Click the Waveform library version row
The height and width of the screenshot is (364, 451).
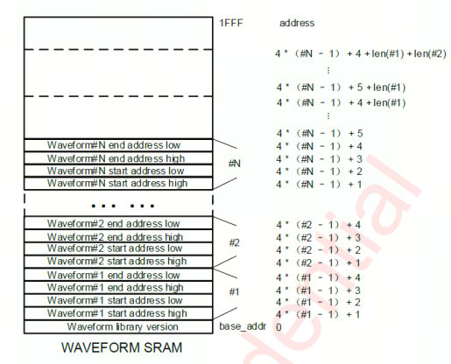click(x=118, y=326)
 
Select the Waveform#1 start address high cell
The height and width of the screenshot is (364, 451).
click(x=118, y=313)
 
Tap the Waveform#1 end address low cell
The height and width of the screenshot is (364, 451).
click(x=118, y=275)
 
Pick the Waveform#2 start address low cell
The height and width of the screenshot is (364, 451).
click(x=118, y=248)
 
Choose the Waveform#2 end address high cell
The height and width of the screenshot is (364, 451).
click(x=118, y=236)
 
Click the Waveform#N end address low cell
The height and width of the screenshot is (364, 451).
click(x=118, y=145)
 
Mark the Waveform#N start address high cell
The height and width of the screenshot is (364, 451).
click(x=118, y=184)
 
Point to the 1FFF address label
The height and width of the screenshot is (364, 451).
click(x=231, y=23)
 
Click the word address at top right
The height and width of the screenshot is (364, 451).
click(x=297, y=23)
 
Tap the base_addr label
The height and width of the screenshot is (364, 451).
click(x=243, y=326)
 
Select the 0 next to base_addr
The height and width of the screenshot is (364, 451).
click(x=278, y=327)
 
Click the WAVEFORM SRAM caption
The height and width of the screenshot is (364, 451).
click(x=122, y=347)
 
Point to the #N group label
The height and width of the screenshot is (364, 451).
click(x=235, y=164)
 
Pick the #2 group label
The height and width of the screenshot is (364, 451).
click(x=235, y=242)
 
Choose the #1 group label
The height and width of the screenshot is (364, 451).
click(x=234, y=291)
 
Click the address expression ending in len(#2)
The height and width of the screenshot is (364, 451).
click(x=361, y=53)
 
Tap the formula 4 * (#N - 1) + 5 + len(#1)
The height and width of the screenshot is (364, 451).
click(x=342, y=87)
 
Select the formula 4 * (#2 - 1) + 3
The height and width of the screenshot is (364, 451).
click(x=319, y=238)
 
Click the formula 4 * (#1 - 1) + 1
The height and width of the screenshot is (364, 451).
click(x=318, y=314)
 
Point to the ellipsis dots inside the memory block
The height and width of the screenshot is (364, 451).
click(x=123, y=206)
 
